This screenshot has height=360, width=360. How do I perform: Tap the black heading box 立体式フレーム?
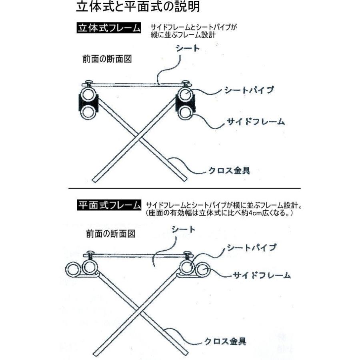tap(108, 29)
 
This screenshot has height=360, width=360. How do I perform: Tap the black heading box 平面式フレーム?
tap(108, 205)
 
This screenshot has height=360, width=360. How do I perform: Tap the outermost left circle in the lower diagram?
tap(74, 270)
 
